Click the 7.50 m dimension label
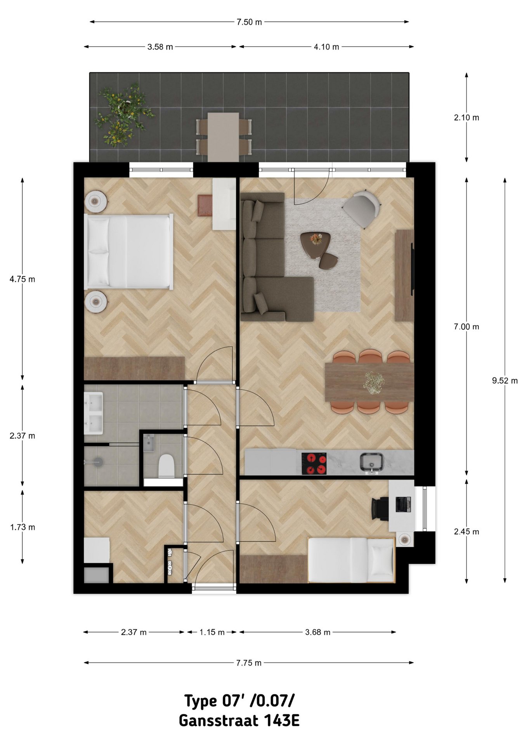249,22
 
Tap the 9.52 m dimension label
505,381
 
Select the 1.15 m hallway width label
212,632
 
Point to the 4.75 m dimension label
23,279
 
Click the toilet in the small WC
166,466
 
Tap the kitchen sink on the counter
371,462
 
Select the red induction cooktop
314,463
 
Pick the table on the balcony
223,137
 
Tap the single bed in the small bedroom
351,560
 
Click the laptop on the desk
403,504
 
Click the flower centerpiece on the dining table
374,383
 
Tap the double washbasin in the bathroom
94,413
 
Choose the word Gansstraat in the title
218,721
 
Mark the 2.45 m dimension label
466,532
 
